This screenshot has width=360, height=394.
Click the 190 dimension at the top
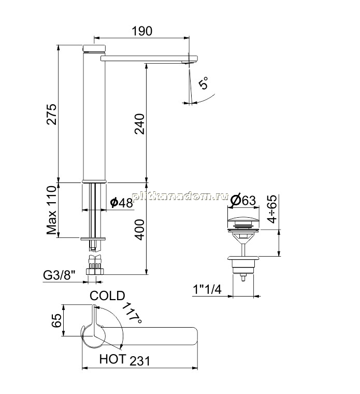pyautogui.click(x=142, y=31)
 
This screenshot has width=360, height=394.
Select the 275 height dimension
pyautogui.click(x=52, y=114)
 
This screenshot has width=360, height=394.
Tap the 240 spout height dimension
pyautogui.click(x=139, y=124)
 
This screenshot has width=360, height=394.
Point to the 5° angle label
pyautogui.click(x=204, y=83)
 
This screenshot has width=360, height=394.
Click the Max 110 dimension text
pyautogui.click(x=51, y=210)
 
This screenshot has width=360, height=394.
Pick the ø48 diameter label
pyautogui.click(x=122, y=203)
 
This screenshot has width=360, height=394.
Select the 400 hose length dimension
pyautogui.click(x=139, y=230)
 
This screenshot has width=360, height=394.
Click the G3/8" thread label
pyautogui.click(x=59, y=275)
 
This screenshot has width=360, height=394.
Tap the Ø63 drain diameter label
pyautogui.click(x=242, y=201)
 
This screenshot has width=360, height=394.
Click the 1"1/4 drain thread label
pyautogui.click(x=207, y=289)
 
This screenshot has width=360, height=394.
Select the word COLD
pyautogui.click(x=107, y=295)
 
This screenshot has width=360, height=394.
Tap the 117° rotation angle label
pyautogui.click(x=133, y=313)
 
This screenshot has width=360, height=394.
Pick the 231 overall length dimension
pyautogui.click(x=139, y=361)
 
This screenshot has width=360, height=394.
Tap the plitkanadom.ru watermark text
pyautogui.click(x=180, y=196)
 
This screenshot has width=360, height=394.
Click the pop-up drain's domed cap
pyautogui.click(x=243, y=223)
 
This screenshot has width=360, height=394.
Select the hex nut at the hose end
pyautogui.click(x=95, y=272)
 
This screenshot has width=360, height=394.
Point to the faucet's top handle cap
pyautogui.click(x=94, y=48)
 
